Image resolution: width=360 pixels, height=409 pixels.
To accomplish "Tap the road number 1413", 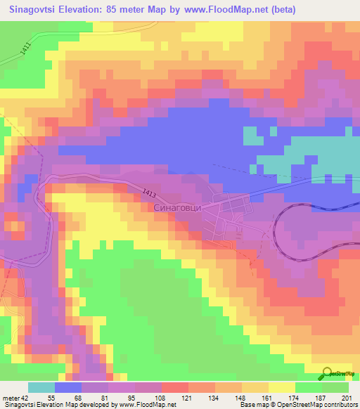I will click(149, 192).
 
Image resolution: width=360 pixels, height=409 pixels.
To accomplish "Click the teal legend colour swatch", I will click(41, 387).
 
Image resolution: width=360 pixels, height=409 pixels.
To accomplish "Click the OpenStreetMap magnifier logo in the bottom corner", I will click(329, 373).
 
